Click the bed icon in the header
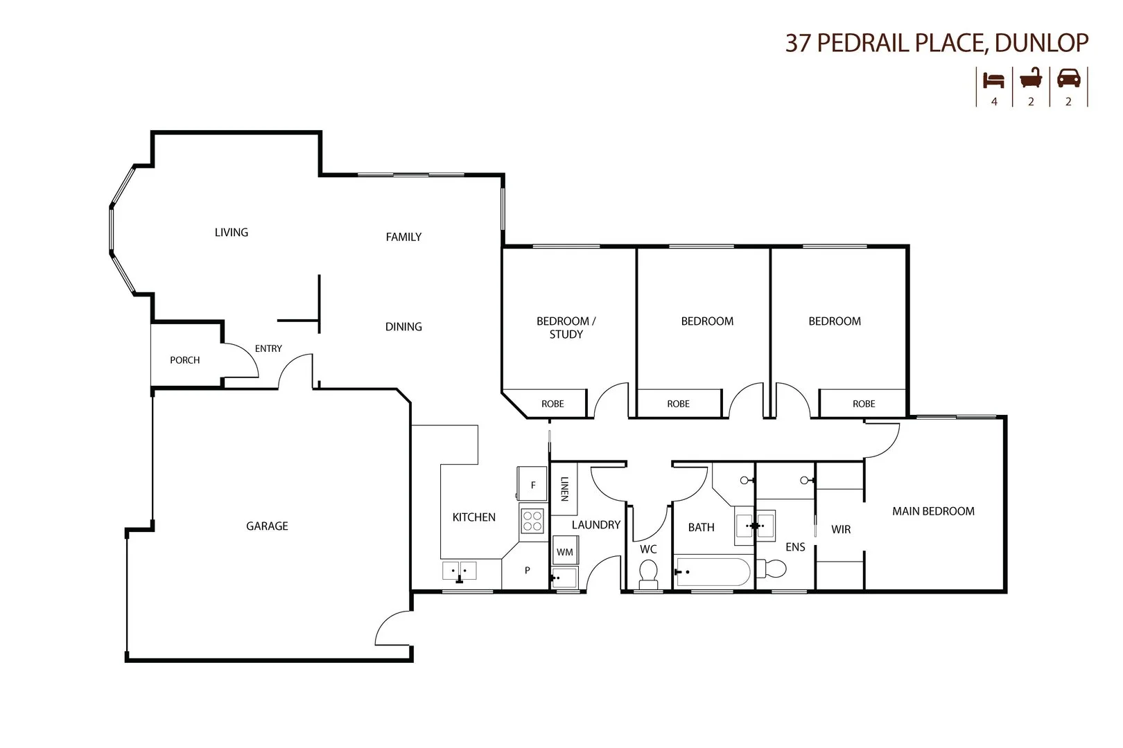point(993,80)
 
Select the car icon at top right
point(1068,78)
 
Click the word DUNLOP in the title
point(1041,43)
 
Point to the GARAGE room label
point(267,526)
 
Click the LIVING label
point(231,233)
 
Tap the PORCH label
point(184,360)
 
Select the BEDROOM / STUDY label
point(566,328)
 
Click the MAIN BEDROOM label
point(933,511)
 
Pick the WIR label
point(841,530)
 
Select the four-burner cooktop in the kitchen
point(532,520)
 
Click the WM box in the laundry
point(565,552)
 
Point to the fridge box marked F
point(532,485)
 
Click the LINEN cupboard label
point(564,489)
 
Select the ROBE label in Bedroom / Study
point(552,404)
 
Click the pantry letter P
point(527,571)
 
